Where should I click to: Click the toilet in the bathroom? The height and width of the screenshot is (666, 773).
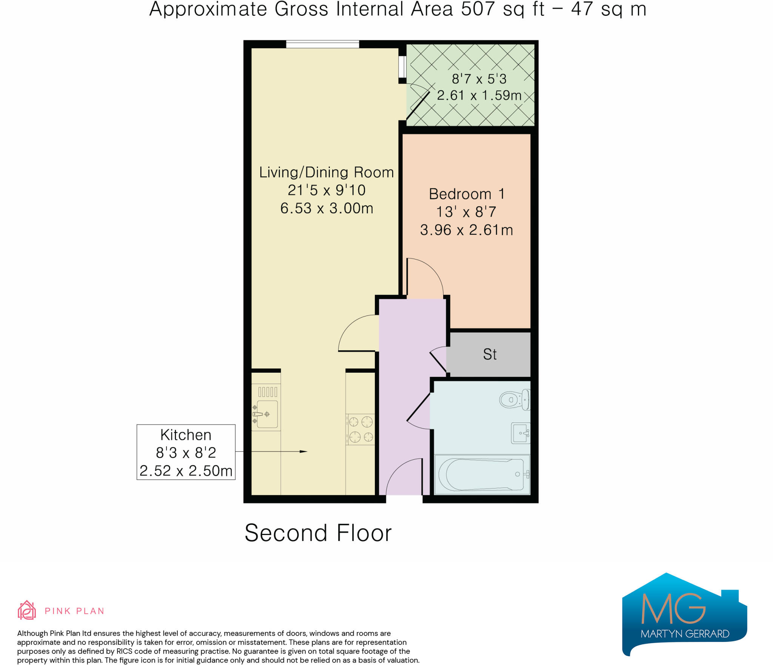tap(514, 400)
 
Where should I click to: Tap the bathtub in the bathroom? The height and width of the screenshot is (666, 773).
tap(482, 474)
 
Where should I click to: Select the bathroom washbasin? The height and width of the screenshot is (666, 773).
tap(520, 433)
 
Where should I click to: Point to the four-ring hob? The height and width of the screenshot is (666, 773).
tap(360, 429)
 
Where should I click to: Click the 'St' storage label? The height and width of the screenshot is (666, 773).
tap(490, 354)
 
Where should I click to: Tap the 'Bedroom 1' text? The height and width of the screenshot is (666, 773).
tap(467, 194)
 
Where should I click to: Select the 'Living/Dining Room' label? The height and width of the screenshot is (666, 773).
tap(326, 172)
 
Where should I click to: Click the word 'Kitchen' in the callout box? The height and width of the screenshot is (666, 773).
tap(186, 435)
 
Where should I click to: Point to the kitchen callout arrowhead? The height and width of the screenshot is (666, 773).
tap(303, 452)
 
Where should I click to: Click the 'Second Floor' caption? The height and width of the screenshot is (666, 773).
tap(318, 533)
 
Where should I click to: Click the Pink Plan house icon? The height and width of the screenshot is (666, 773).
tap(27, 610)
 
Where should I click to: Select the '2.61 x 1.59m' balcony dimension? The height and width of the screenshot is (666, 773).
tap(479, 95)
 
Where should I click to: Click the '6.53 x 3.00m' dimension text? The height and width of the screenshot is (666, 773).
tap(326, 208)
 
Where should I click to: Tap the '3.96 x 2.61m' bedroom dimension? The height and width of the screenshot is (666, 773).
tap(467, 230)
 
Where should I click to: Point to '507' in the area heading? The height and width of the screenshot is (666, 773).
tap(477, 9)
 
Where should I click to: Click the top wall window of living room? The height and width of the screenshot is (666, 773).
tap(322, 44)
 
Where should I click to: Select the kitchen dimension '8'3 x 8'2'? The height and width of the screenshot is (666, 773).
tap(186, 453)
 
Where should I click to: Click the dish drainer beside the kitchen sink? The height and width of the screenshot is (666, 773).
tap(268, 392)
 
